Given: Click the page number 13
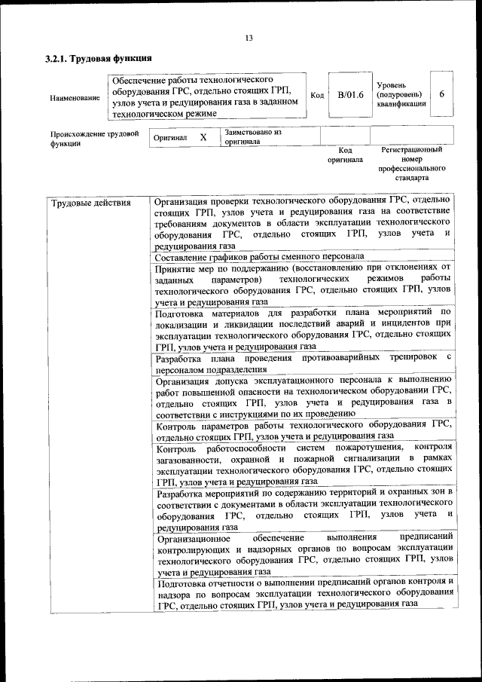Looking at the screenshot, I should [x=249, y=38].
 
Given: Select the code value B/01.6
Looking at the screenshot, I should [x=350, y=94].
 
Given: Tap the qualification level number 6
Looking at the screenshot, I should [x=441, y=94].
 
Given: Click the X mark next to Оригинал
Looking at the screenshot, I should [x=203, y=138].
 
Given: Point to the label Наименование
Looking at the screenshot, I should [x=74, y=98].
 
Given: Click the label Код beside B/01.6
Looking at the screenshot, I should [x=317, y=95].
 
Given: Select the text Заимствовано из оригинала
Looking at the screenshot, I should [x=252, y=136].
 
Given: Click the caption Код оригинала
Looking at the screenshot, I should [x=345, y=155].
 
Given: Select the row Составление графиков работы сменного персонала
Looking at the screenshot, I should [x=259, y=256].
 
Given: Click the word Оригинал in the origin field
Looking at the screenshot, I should [x=169, y=139].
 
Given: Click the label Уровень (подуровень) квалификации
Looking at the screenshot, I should [x=399, y=95].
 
